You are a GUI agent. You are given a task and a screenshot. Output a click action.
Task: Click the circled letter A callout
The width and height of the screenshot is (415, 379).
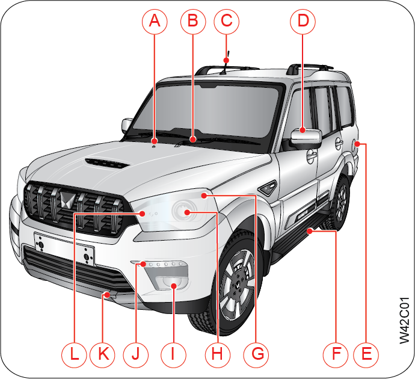155,22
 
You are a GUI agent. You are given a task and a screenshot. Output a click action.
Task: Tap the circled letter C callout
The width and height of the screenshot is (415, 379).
227,22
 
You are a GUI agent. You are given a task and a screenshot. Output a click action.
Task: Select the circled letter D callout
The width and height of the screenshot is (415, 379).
303,22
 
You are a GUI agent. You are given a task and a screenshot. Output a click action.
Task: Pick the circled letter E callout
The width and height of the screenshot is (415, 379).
366,354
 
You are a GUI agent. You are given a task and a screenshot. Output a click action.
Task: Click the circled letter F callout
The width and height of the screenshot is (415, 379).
336,354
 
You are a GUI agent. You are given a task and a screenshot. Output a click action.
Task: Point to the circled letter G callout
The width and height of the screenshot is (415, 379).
257,354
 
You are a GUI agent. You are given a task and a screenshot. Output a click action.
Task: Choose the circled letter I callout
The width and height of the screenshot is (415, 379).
173,354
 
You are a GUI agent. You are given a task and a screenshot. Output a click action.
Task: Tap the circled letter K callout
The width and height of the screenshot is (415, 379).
103,354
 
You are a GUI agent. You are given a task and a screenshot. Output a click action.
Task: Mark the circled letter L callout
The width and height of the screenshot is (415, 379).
74,354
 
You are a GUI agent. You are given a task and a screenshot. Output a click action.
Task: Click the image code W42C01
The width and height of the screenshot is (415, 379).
404,320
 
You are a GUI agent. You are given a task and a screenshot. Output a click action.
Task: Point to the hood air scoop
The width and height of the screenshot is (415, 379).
106,163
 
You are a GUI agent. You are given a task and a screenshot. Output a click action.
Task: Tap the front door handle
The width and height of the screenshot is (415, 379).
312,156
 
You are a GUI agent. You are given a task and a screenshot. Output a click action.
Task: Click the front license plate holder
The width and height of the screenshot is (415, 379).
64,248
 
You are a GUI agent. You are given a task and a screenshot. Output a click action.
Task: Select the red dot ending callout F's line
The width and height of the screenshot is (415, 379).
309,232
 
